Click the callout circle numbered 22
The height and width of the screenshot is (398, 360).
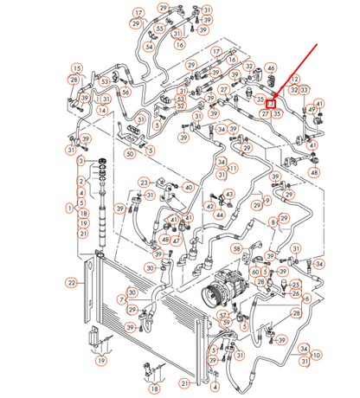click(x=72, y=282)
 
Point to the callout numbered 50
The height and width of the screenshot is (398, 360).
click(x=129, y=154)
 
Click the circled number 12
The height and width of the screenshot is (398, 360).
click(x=294, y=79)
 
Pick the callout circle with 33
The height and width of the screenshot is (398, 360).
click(x=304, y=89)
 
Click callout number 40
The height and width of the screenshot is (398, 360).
click(x=189, y=187)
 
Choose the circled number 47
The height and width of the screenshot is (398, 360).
click(x=176, y=241)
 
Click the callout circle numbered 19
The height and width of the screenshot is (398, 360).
click(x=101, y=361)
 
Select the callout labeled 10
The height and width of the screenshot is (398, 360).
click(x=316, y=355)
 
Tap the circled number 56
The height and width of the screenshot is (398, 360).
click(x=125, y=92)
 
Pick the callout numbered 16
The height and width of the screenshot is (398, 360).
click(x=180, y=43)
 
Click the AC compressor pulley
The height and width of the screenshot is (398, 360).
click(x=211, y=294)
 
